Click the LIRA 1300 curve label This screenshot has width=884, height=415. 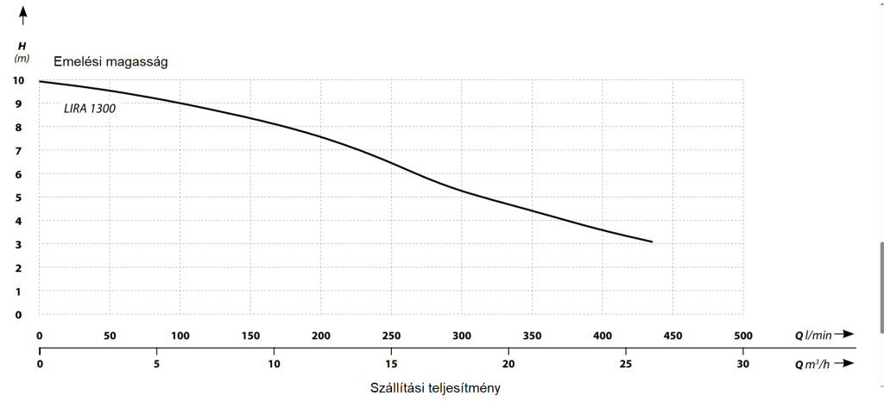90,110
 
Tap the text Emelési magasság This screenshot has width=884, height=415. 117,61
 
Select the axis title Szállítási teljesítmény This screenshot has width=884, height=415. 435,388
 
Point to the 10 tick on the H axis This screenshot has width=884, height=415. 18,80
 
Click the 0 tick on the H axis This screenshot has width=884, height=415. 18,315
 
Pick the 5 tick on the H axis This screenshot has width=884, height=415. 18,198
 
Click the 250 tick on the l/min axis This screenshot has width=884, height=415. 391,336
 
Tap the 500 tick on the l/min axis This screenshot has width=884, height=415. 742,336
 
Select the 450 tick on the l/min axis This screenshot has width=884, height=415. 672,336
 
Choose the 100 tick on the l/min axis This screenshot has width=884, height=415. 180,336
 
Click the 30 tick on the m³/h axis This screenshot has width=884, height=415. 742,364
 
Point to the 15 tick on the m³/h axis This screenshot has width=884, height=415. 391,364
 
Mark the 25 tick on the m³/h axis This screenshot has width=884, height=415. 625,364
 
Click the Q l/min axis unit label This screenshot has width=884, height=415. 814,335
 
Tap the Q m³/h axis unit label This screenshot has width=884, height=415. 814,364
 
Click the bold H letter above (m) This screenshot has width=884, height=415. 22,45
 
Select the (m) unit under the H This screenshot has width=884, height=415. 22,58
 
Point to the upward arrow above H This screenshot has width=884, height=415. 22,15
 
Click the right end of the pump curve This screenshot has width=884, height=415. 652,242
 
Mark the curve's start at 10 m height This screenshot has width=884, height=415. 41,81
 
